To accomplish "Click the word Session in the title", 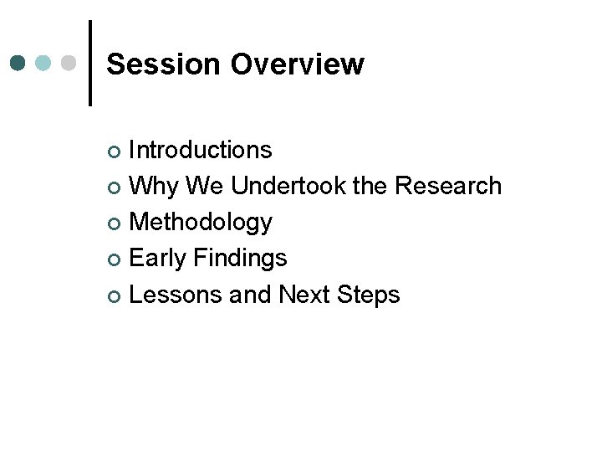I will pos(164,64).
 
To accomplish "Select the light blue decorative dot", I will pos(44,63).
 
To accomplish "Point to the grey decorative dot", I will pos(69,63).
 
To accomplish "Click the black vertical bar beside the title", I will pos(89,63).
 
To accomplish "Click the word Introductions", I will pos(201,150).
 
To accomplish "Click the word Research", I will pos(448,186).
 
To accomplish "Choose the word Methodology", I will pos(201,223).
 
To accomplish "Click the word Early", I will pos(156,259).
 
